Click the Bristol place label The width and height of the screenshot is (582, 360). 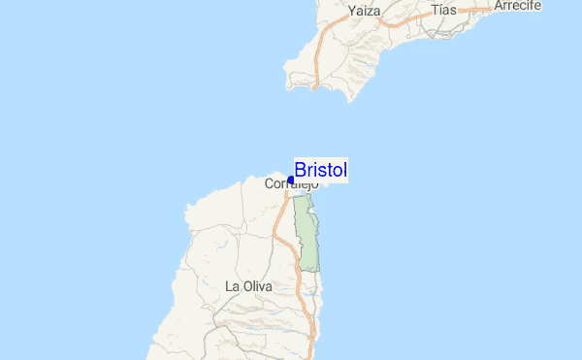(x=320, y=170)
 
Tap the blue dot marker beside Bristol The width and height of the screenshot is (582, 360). (x=291, y=180)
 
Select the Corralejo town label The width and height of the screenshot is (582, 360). (x=291, y=183)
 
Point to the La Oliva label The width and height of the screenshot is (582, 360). (x=248, y=286)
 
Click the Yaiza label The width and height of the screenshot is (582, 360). (x=364, y=12)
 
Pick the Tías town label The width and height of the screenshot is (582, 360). (x=443, y=10)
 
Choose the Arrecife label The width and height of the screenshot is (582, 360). (x=517, y=5)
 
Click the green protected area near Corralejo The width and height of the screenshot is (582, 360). (x=307, y=233)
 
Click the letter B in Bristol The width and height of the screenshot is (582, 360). (x=300, y=170)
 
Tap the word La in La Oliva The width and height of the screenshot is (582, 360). (x=231, y=286)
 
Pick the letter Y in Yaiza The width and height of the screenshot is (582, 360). (x=351, y=12)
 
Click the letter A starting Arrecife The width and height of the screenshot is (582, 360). (x=498, y=5)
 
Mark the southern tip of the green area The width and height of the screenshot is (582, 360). (x=309, y=269)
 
